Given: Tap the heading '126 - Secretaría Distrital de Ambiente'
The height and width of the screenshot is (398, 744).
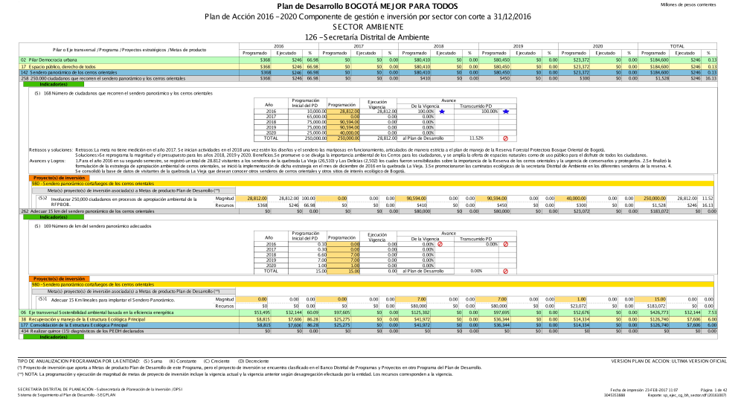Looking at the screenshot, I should click(373, 35).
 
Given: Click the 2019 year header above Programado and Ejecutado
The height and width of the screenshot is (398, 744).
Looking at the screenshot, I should click(518, 45).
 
